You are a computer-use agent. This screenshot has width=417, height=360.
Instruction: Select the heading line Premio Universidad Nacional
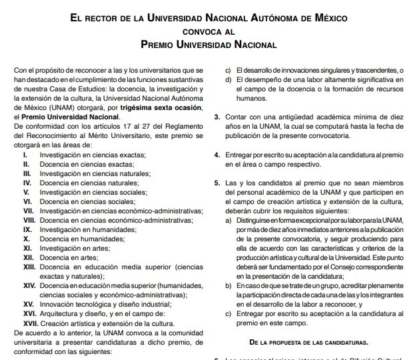[209, 45]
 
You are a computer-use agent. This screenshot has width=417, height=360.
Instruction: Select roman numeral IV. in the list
[27, 182]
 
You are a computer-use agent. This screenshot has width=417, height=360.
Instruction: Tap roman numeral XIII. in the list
[28, 266]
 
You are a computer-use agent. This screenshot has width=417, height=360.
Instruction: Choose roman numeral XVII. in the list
[29, 322]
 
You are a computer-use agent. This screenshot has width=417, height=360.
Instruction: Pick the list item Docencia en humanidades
[79, 238]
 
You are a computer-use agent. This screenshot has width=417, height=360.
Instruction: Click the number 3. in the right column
[217, 117]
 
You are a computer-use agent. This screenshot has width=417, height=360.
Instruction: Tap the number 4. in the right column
[217, 155]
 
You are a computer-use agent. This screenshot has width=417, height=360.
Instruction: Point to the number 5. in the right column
[217, 182]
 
